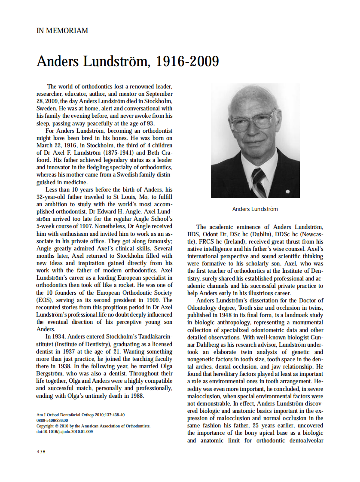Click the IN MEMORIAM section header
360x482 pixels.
(x=62, y=31)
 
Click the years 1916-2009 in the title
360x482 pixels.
(x=187, y=62)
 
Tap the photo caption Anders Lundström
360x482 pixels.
(x=255, y=209)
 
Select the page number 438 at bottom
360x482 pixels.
(x=41, y=451)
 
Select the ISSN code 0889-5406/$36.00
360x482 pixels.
(x=52, y=421)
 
